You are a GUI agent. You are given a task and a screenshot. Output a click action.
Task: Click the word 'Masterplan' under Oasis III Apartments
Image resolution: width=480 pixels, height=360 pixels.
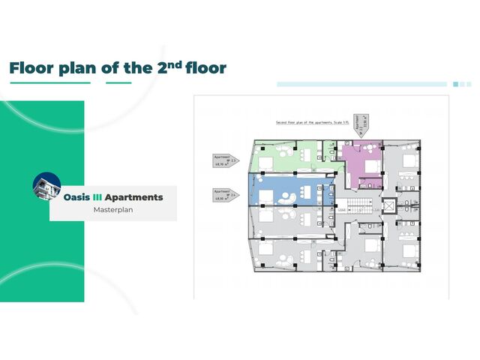tap(113, 210)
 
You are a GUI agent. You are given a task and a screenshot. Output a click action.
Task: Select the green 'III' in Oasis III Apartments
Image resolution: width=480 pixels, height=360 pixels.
tap(96, 197)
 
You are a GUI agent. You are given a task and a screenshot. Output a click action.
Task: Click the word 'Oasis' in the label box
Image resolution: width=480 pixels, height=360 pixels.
tap(77, 197)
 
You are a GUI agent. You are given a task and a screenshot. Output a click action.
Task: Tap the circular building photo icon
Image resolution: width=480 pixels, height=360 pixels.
tap(46, 187)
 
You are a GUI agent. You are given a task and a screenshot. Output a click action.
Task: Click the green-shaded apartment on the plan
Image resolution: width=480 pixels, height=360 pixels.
tap(289, 155)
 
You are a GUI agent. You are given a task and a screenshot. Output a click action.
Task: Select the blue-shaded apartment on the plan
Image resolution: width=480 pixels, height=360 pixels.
tap(289, 190)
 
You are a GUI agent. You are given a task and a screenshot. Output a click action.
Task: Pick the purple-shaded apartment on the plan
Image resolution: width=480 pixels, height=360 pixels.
tap(362, 163)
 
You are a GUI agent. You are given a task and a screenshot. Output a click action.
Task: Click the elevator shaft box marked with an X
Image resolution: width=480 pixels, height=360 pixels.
tap(388, 205)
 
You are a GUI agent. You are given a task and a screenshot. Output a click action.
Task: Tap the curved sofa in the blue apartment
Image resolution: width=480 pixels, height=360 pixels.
tap(286, 196)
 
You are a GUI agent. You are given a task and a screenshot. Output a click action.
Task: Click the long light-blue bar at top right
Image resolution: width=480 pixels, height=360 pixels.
tap(362, 84)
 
